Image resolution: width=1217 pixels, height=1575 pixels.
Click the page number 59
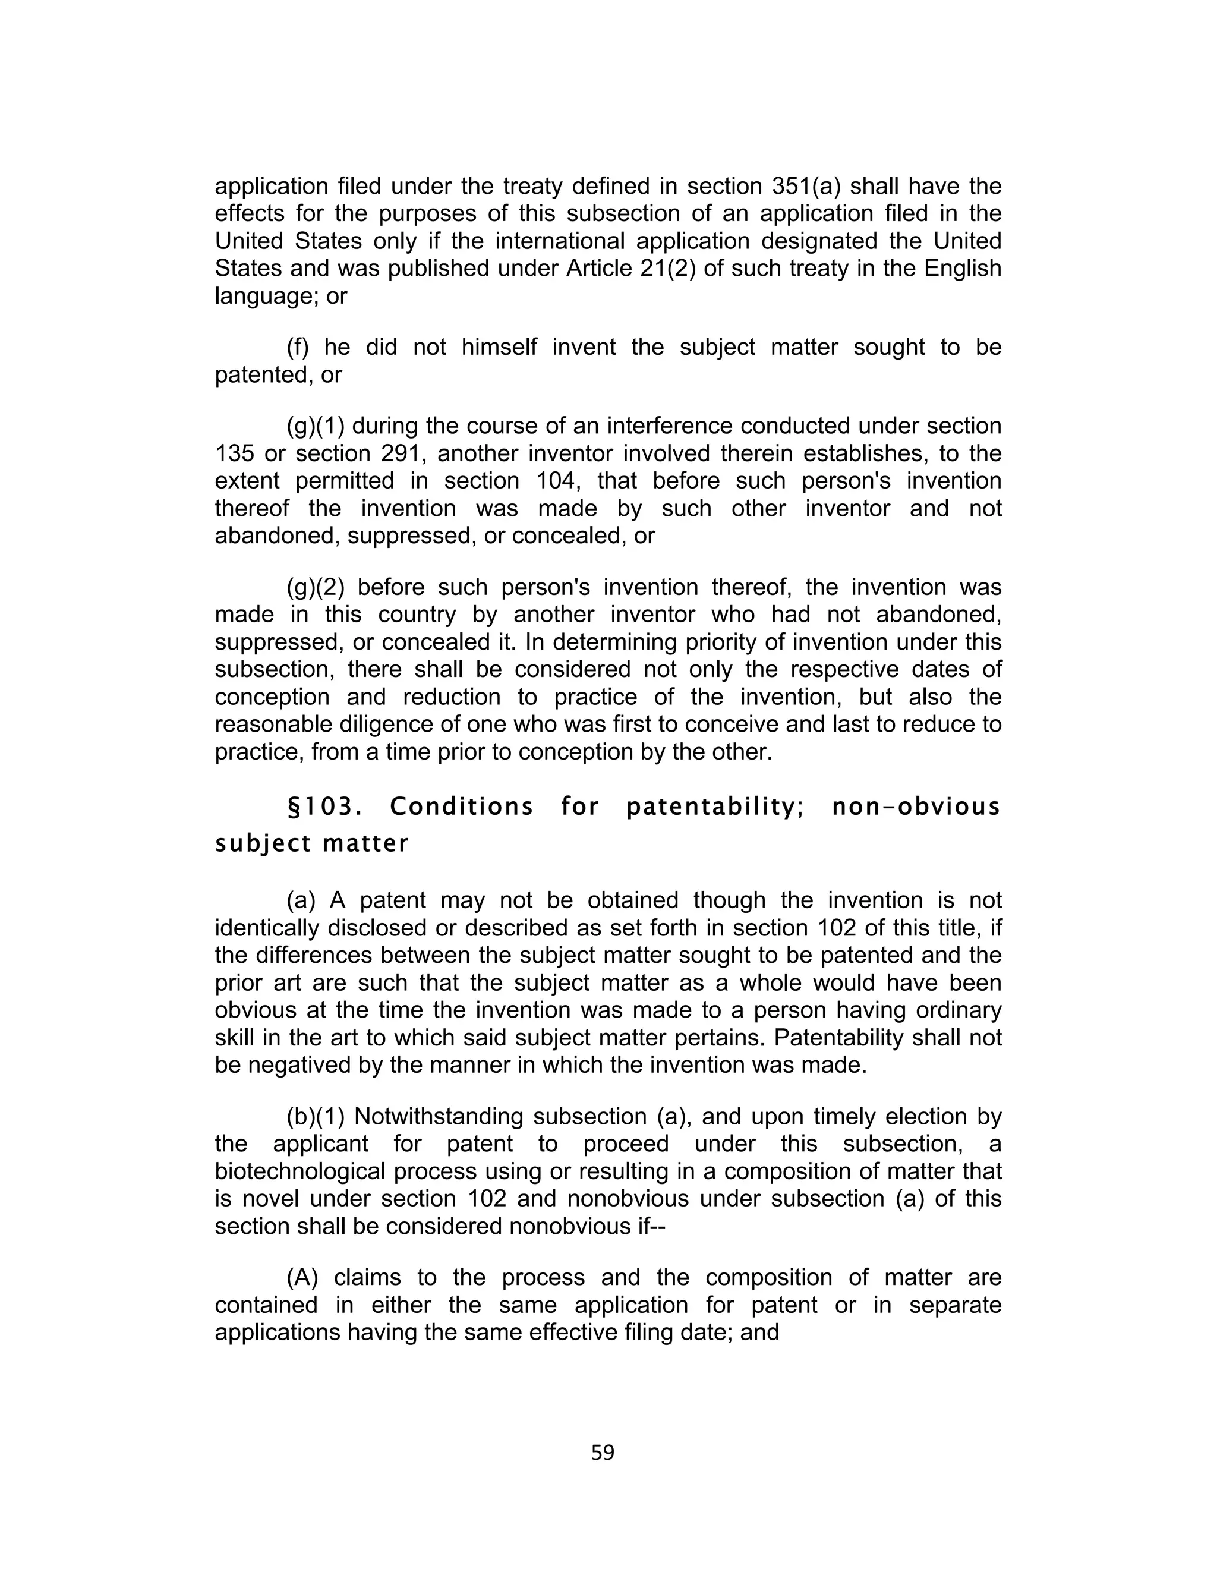click(x=602, y=1453)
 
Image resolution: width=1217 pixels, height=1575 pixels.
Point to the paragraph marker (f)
click(x=298, y=348)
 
